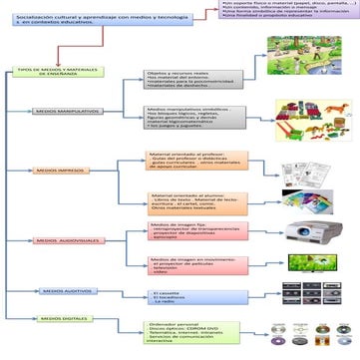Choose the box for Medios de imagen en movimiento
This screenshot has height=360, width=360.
point(189,265)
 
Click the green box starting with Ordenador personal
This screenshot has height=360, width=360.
point(190,331)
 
